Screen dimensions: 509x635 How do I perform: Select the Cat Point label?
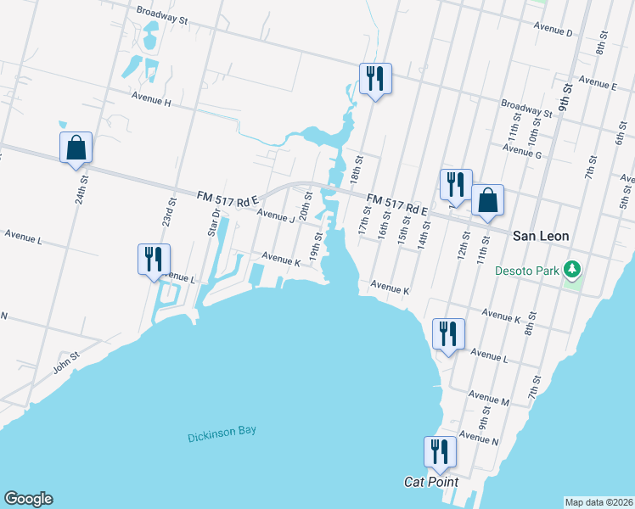point(430,482)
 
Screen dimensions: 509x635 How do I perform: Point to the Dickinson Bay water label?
point(222,432)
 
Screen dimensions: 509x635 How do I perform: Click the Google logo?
point(28,499)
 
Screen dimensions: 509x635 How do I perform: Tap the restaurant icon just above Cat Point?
point(440,451)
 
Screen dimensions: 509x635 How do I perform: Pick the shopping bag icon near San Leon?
point(487,200)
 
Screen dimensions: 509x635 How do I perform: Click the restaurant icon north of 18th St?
point(374,79)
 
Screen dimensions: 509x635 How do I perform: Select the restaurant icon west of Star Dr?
point(154,259)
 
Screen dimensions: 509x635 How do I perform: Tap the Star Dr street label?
point(214,221)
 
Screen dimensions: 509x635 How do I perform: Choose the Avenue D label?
point(554,32)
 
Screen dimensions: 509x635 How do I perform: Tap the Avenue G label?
point(521,148)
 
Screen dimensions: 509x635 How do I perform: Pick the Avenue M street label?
point(488,398)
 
